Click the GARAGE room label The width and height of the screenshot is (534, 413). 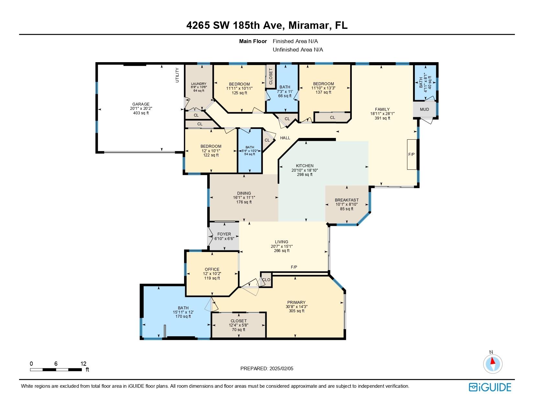(140, 104)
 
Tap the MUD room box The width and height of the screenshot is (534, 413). (424, 109)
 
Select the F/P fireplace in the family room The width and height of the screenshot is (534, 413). (412, 155)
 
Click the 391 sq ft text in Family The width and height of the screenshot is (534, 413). (382, 118)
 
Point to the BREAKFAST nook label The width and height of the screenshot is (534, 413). (347, 200)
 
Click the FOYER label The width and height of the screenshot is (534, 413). (224, 234)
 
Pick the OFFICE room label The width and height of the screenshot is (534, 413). (212, 269)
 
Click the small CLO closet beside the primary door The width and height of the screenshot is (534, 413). (266, 280)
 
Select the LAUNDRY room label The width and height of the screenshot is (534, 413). (199, 84)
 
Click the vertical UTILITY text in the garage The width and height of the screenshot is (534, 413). (177, 75)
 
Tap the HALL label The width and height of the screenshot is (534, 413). (285, 138)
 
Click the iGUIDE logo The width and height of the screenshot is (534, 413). (490, 387)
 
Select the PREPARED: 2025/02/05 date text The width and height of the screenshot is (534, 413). (267, 369)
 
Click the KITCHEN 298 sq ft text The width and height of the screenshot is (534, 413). (305, 174)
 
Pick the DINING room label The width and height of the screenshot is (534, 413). (244, 193)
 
